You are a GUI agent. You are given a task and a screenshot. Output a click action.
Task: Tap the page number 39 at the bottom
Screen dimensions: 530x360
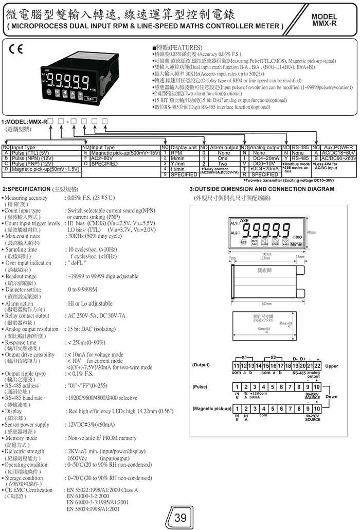tap(181, 517)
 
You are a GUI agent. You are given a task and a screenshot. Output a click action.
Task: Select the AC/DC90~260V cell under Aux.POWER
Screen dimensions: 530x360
tap(336, 158)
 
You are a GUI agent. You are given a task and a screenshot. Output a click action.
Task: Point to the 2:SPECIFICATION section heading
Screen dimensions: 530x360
tap(40, 189)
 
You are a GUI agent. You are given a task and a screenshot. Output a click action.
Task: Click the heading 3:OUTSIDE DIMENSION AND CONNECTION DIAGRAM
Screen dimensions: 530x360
tap(262, 189)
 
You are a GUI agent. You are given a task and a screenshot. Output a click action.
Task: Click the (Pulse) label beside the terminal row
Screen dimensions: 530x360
tap(200, 386)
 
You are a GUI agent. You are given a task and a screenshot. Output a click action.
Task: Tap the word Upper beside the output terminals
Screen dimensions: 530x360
tap(332, 366)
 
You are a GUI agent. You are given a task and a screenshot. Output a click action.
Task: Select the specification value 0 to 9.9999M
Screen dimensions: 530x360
tap(87, 290)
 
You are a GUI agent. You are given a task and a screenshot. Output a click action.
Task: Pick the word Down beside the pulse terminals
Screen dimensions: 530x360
tap(332, 397)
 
